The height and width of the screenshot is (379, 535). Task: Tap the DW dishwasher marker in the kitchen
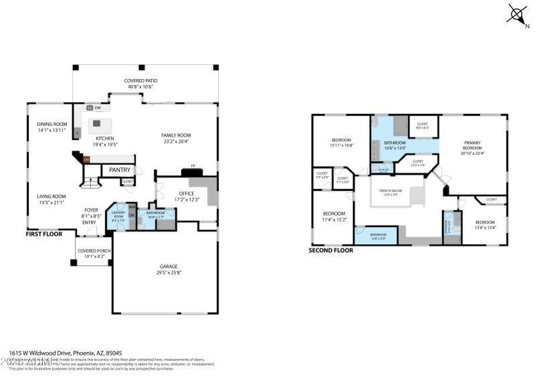[98, 107]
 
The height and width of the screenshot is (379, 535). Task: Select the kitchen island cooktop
[97, 123]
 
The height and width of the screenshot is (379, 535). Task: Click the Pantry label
[120, 170]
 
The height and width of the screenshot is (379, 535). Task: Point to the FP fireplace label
[193, 166]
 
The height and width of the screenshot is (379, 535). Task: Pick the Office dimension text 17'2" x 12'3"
[186, 200]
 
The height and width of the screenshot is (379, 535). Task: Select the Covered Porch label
[94, 250]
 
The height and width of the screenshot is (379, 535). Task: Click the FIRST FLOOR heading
[45, 234]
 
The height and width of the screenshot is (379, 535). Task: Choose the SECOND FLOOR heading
[330, 250]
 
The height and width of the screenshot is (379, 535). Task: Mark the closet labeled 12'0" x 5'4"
[417, 165]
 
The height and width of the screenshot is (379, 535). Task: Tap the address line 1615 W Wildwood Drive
[66, 352]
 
